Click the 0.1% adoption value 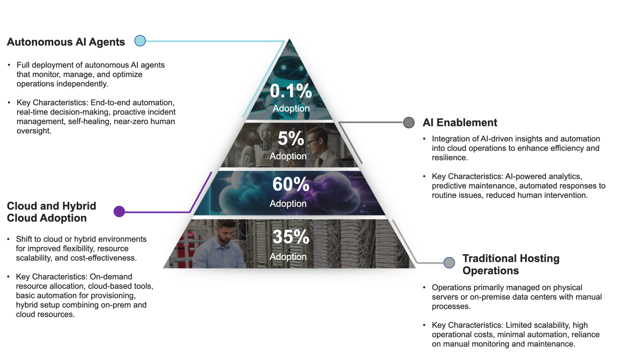tap(290, 91)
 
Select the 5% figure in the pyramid tap(291, 139)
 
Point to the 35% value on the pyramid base tap(290, 237)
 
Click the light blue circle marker tap(140, 41)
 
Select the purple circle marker tap(119, 211)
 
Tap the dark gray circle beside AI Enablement tap(409, 123)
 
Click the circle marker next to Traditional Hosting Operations tap(450, 263)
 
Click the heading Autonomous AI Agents tap(66, 42)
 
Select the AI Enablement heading tap(459, 123)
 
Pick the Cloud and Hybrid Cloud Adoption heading tap(51, 212)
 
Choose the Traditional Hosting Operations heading tap(511, 264)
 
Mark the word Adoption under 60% tap(288, 203)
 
